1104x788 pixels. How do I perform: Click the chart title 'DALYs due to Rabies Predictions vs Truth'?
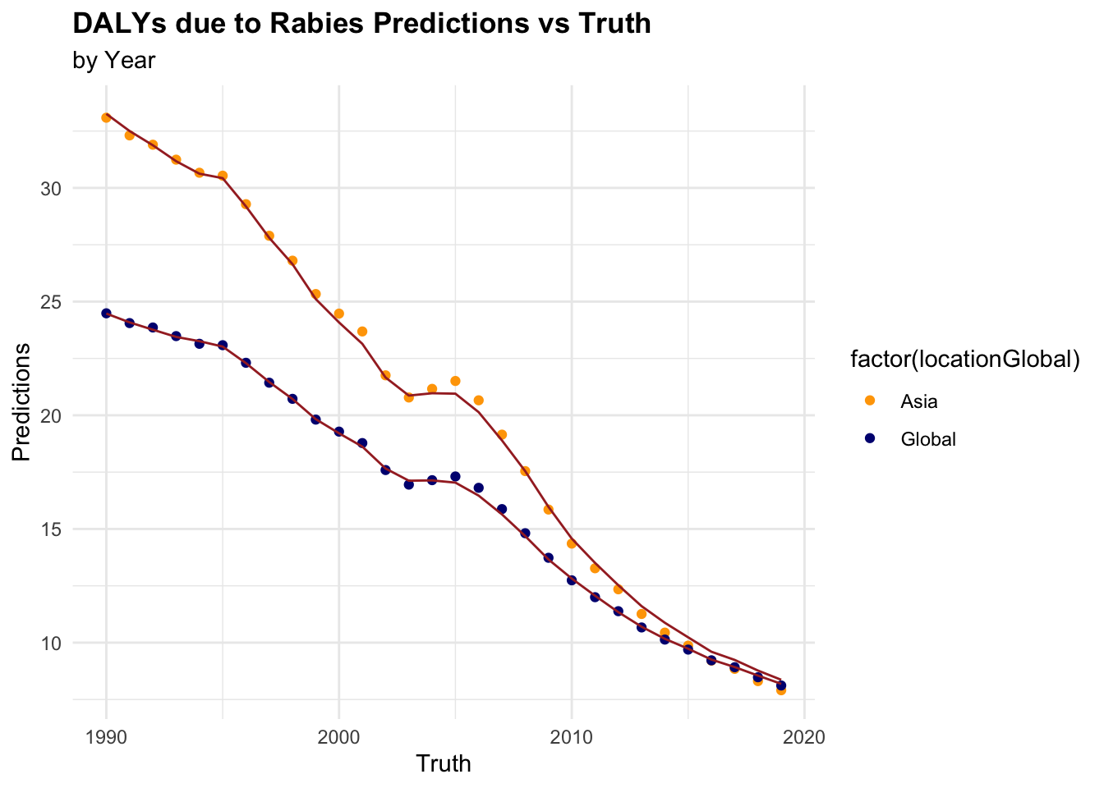click(361, 24)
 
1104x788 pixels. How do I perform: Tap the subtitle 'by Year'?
click(113, 61)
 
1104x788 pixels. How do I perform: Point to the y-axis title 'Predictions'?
click(22, 402)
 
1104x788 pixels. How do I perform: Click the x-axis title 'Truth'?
click(444, 763)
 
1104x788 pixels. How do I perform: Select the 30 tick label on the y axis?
click(50, 188)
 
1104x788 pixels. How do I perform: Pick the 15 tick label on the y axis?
click(50, 529)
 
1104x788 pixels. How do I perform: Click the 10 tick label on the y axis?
click(50, 643)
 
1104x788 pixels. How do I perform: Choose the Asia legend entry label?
click(918, 402)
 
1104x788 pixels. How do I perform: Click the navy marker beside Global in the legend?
click(870, 438)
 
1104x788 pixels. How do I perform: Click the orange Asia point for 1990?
click(106, 117)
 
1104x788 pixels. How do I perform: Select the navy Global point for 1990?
click(106, 313)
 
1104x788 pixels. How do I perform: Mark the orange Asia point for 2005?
click(455, 381)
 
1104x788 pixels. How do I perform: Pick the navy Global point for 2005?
click(455, 476)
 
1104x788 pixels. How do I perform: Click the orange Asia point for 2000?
click(338, 314)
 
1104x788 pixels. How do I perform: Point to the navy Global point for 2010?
click(572, 580)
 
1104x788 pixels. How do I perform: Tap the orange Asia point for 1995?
click(223, 176)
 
